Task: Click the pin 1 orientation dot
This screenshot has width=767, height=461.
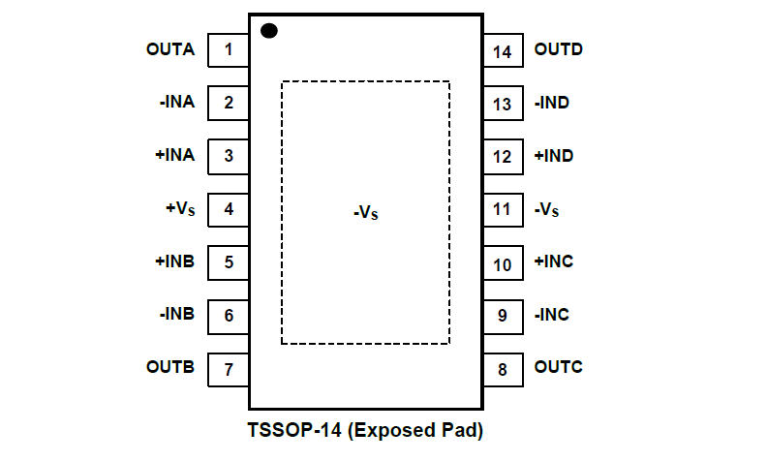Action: click(269, 31)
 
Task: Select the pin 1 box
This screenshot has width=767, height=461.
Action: click(229, 49)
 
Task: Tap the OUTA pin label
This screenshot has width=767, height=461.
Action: click(170, 48)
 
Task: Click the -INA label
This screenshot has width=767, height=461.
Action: click(177, 102)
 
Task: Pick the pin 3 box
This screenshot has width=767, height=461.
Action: click(229, 155)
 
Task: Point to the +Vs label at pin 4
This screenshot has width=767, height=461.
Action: click(179, 208)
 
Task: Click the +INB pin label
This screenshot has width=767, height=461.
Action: click(174, 261)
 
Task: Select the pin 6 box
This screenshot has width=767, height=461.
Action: click(229, 315)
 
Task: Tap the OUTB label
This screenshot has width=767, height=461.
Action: click(170, 368)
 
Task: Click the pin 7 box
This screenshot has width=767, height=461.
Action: click(229, 369)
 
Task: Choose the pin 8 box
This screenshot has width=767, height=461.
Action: click(503, 369)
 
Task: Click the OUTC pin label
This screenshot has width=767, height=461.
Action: click(559, 368)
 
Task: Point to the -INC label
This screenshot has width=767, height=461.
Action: click(552, 315)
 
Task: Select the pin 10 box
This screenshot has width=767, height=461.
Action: click(503, 262)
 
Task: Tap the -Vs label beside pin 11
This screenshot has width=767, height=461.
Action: click(547, 209)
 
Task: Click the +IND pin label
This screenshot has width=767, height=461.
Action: click(554, 156)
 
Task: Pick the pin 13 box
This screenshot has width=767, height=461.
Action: click(503, 103)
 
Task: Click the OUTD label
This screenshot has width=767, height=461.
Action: click(559, 48)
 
